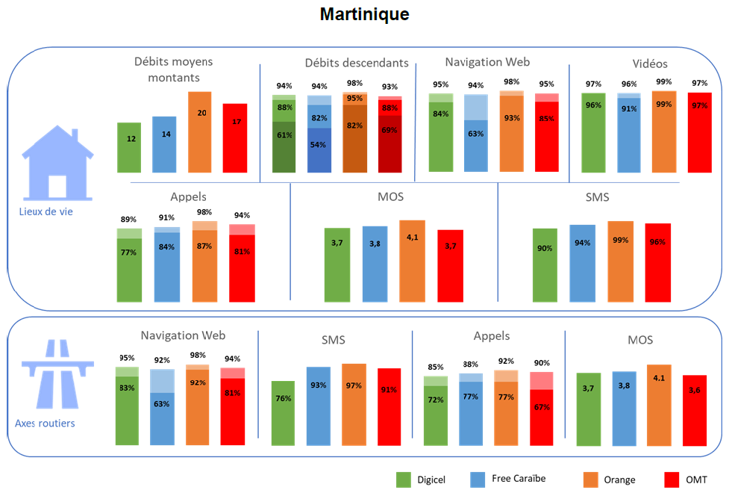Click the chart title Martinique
coord(364,14)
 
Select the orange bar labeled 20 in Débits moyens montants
coord(199,123)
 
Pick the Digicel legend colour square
coord(404,479)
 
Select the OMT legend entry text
coord(695,480)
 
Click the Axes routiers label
coord(45,424)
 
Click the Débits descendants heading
coord(357,63)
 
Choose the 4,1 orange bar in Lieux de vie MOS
coord(412,261)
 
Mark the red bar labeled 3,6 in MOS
coord(694,411)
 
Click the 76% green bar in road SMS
coord(283,413)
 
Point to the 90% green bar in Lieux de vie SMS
coord(545,265)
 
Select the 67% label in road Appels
coord(541,407)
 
